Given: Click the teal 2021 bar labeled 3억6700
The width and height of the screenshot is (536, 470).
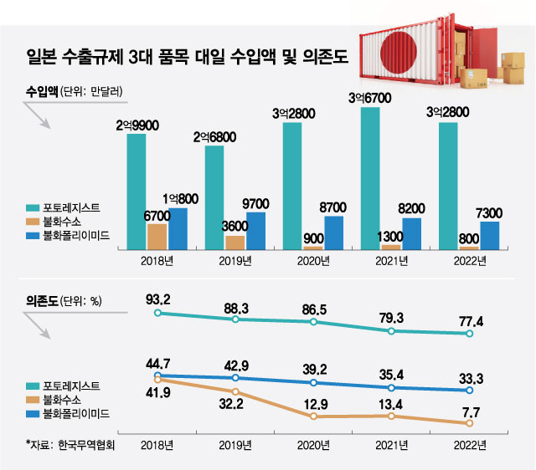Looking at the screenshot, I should click(x=369, y=178).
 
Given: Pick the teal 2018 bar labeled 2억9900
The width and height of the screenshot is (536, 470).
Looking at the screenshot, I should click(x=137, y=192).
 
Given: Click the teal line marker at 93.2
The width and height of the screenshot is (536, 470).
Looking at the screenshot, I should click(x=157, y=313).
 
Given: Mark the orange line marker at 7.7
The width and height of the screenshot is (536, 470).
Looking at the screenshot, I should click(x=469, y=423).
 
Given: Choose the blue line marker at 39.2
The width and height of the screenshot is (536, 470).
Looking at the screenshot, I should click(x=313, y=382).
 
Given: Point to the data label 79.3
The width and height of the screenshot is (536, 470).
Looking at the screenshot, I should click(x=392, y=318).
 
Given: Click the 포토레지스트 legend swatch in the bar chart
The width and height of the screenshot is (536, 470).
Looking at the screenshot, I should click(x=33, y=207).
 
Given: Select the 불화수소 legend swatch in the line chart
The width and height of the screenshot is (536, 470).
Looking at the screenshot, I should click(x=33, y=399).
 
